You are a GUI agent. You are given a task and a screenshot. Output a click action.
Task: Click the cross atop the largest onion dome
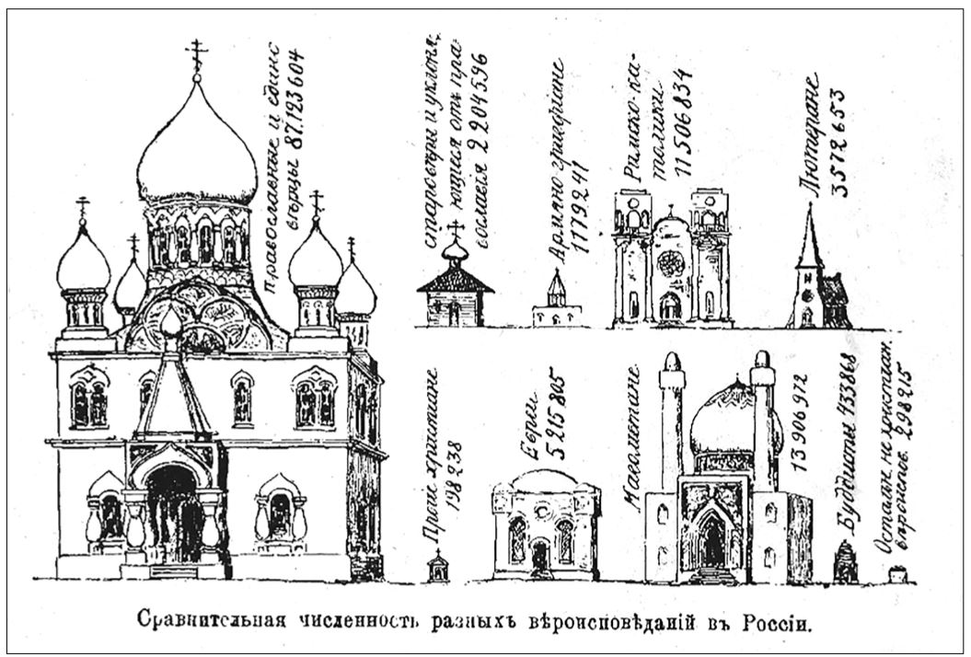point(196,56)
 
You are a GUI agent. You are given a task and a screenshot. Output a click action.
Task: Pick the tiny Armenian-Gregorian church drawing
point(557,301)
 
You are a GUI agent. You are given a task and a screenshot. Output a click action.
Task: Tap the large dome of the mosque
point(721,419)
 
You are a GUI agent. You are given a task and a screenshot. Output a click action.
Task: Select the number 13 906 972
point(798,423)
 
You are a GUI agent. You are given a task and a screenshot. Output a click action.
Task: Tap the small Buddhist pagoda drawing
point(845,560)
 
